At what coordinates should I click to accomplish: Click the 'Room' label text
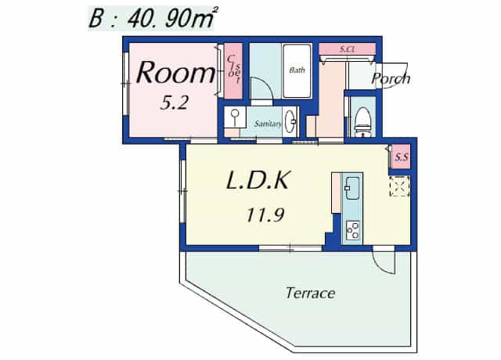click(175, 73)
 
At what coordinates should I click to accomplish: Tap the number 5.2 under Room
click(174, 103)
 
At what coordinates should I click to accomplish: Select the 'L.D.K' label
click(258, 180)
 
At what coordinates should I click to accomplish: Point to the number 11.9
click(265, 214)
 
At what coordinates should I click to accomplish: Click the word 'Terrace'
click(310, 293)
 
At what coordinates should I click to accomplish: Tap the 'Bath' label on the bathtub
click(297, 70)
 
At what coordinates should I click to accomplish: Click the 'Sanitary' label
click(268, 124)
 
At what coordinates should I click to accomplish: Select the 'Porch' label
click(391, 78)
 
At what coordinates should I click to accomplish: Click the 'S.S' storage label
click(402, 157)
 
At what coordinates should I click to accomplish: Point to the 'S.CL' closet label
click(348, 49)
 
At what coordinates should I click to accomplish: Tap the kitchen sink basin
click(351, 188)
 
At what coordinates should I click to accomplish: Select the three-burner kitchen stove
click(352, 229)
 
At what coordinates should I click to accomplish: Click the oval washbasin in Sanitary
click(290, 121)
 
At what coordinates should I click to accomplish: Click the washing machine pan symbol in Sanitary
click(235, 117)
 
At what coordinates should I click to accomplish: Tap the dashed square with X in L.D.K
click(399, 186)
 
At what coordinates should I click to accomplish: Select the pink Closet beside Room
click(232, 71)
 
